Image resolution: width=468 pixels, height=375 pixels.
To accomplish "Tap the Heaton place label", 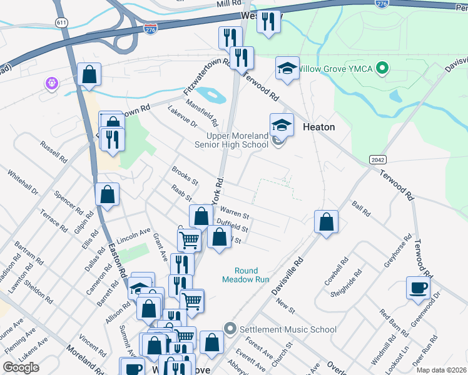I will click(318, 127).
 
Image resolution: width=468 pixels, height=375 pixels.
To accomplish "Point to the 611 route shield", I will click(61, 22).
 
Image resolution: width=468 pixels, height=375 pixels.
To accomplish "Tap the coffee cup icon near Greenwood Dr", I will click(418, 288).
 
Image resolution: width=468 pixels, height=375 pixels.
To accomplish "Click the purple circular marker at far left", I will click(51, 82).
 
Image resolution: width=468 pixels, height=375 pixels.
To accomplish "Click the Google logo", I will click(21, 367).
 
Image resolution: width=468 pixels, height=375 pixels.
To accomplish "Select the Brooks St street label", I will click(185, 176).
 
